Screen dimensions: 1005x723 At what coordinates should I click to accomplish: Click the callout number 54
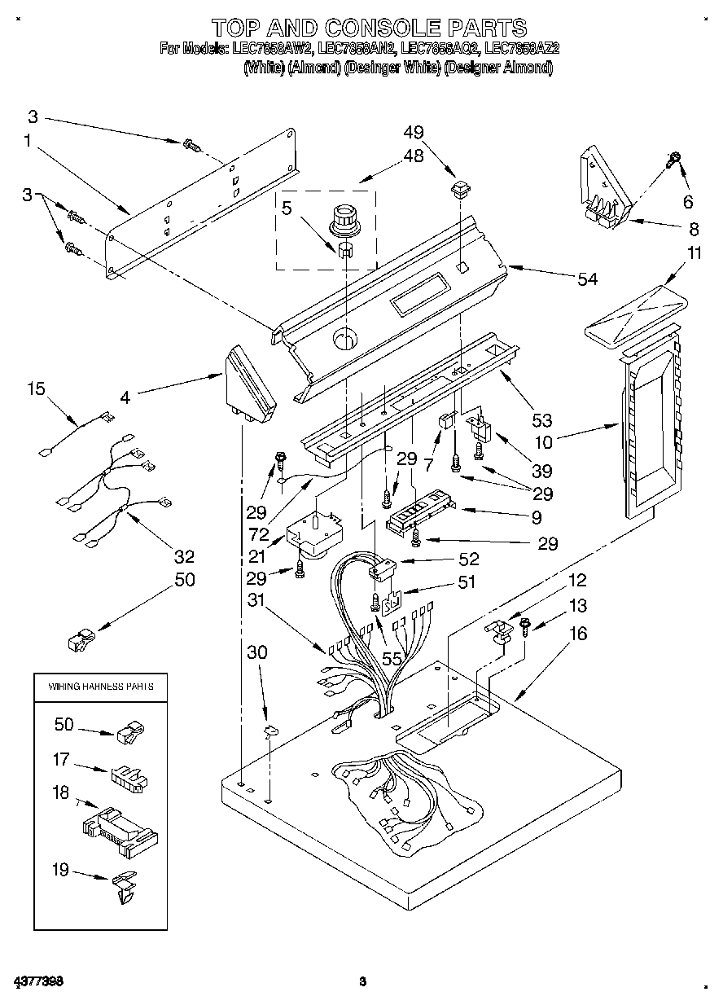coord(586,279)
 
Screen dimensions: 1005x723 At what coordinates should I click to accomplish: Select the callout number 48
coord(414,156)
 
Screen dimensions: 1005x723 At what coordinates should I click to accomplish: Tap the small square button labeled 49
coord(461,191)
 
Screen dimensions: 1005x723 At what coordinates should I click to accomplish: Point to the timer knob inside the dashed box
coord(345,219)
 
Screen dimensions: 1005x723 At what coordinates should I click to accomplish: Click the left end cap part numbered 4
coord(248,386)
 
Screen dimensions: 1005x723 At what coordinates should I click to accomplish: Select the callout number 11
coord(692,253)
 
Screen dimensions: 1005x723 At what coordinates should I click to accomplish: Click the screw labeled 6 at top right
coord(674,160)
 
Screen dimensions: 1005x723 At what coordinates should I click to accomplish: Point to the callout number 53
coord(541,420)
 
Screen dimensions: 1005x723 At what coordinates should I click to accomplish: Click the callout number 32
coord(185,556)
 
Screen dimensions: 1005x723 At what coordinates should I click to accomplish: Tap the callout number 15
coord(36,389)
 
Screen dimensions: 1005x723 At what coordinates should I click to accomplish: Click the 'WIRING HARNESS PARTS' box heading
coord(100,687)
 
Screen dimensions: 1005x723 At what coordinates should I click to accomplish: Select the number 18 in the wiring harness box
coord(61,793)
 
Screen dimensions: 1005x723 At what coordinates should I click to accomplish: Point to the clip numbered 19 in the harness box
coord(125,886)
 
